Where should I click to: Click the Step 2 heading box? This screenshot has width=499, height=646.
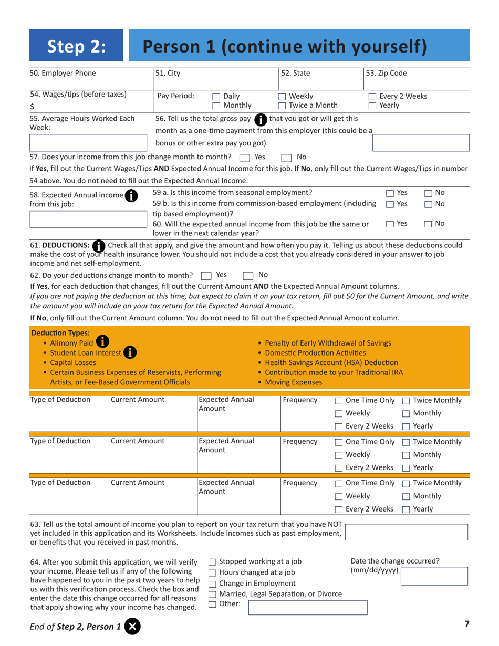77,47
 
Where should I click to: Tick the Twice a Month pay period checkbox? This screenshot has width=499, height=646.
282,105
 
